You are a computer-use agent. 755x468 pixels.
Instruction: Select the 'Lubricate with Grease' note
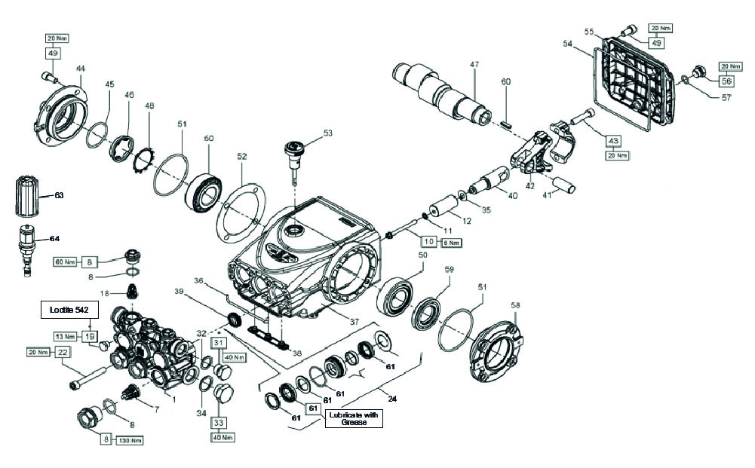pyautogui.click(x=354, y=419)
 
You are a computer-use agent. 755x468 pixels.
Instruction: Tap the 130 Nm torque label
pyautogui.click(x=130, y=439)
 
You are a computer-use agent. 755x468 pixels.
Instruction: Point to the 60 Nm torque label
pyautogui.click(x=64, y=262)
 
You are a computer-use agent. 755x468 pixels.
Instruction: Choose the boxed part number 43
pyautogui.click(x=613, y=140)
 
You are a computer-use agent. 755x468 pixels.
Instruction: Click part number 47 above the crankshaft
pyautogui.click(x=474, y=66)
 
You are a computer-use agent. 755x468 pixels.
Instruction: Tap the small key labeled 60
pyautogui.click(x=506, y=118)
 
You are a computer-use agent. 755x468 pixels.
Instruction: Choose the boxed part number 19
pyautogui.click(x=90, y=336)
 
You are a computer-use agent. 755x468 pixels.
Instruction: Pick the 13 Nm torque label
pyautogui.click(x=64, y=336)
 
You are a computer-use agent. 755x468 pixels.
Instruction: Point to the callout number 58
pyautogui.click(x=516, y=305)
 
